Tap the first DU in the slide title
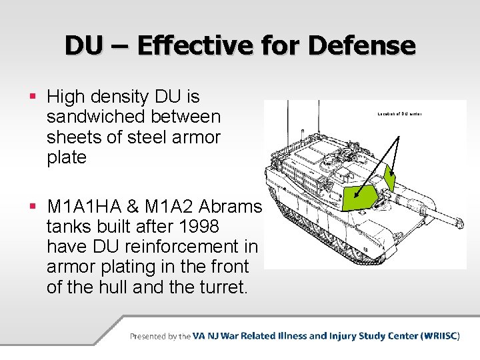click(84, 45)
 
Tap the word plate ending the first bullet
click(67, 157)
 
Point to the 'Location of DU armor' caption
click(399, 114)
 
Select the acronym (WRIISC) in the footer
click(440, 336)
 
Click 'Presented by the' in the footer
click(161, 336)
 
